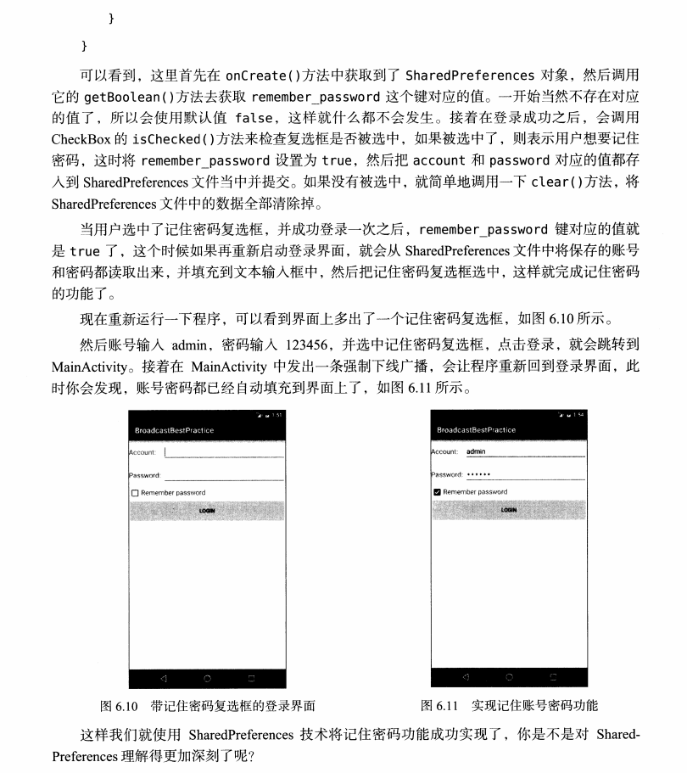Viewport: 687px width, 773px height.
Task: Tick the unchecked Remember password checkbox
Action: pos(135,492)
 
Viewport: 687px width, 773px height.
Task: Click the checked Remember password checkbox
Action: pos(437,492)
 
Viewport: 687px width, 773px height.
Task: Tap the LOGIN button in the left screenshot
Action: pos(207,511)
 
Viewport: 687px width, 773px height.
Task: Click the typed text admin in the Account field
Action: pos(477,452)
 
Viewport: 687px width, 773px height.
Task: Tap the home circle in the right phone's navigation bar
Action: pos(509,677)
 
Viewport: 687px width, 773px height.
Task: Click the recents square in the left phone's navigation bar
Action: pos(250,679)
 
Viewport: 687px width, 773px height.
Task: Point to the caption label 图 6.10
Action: pos(119,705)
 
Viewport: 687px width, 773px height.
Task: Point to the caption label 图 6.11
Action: pos(439,705)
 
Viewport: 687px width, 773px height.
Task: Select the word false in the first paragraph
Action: pos(254,118)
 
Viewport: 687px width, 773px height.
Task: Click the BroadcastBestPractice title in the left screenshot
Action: pos(175,430)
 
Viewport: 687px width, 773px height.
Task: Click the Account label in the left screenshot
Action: pos(142,452)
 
